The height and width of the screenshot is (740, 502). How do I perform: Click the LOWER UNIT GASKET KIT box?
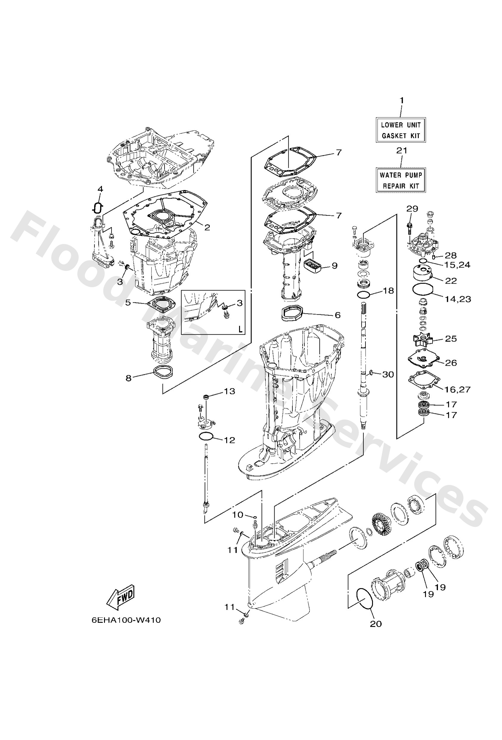[400, 130]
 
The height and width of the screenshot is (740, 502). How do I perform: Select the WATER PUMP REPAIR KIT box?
[400, 180]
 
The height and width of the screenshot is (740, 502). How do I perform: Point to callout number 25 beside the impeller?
[451, 339]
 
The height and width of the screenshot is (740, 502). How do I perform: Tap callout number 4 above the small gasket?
[100, 189]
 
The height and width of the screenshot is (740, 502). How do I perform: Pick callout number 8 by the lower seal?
[128, 378]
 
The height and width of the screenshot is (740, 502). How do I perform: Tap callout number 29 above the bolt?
[412, 208]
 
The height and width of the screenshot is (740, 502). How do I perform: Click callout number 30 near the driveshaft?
[388, 374]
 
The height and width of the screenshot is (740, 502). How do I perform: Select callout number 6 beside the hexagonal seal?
[337, 315]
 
